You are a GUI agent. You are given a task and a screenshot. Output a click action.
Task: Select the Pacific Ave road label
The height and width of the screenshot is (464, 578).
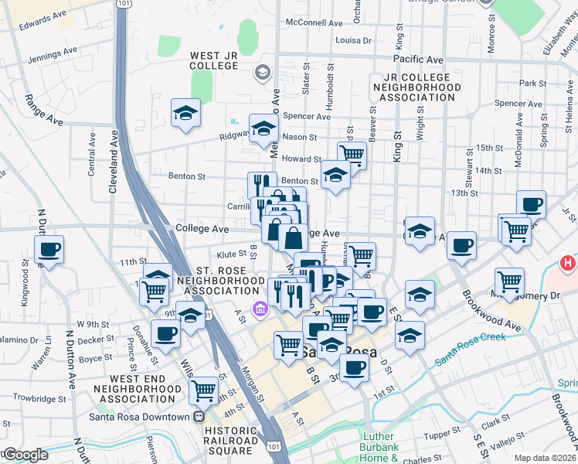417,60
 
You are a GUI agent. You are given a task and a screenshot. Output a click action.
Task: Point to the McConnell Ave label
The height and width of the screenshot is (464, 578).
314,23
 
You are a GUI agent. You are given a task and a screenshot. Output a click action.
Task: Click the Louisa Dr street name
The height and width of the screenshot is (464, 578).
355,39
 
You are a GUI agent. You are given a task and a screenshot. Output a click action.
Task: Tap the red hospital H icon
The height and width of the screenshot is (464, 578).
569,264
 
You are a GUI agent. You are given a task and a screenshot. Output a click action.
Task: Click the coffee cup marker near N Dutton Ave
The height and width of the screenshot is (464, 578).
49,250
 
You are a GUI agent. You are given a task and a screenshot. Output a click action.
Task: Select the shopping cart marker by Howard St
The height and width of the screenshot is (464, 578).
352,154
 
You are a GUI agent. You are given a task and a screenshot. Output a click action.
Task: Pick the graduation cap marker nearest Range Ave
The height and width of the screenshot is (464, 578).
185,113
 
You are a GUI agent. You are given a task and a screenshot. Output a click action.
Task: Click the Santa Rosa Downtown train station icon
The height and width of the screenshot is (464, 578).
199,417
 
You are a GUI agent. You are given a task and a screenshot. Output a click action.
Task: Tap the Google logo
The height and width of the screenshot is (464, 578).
25,455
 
